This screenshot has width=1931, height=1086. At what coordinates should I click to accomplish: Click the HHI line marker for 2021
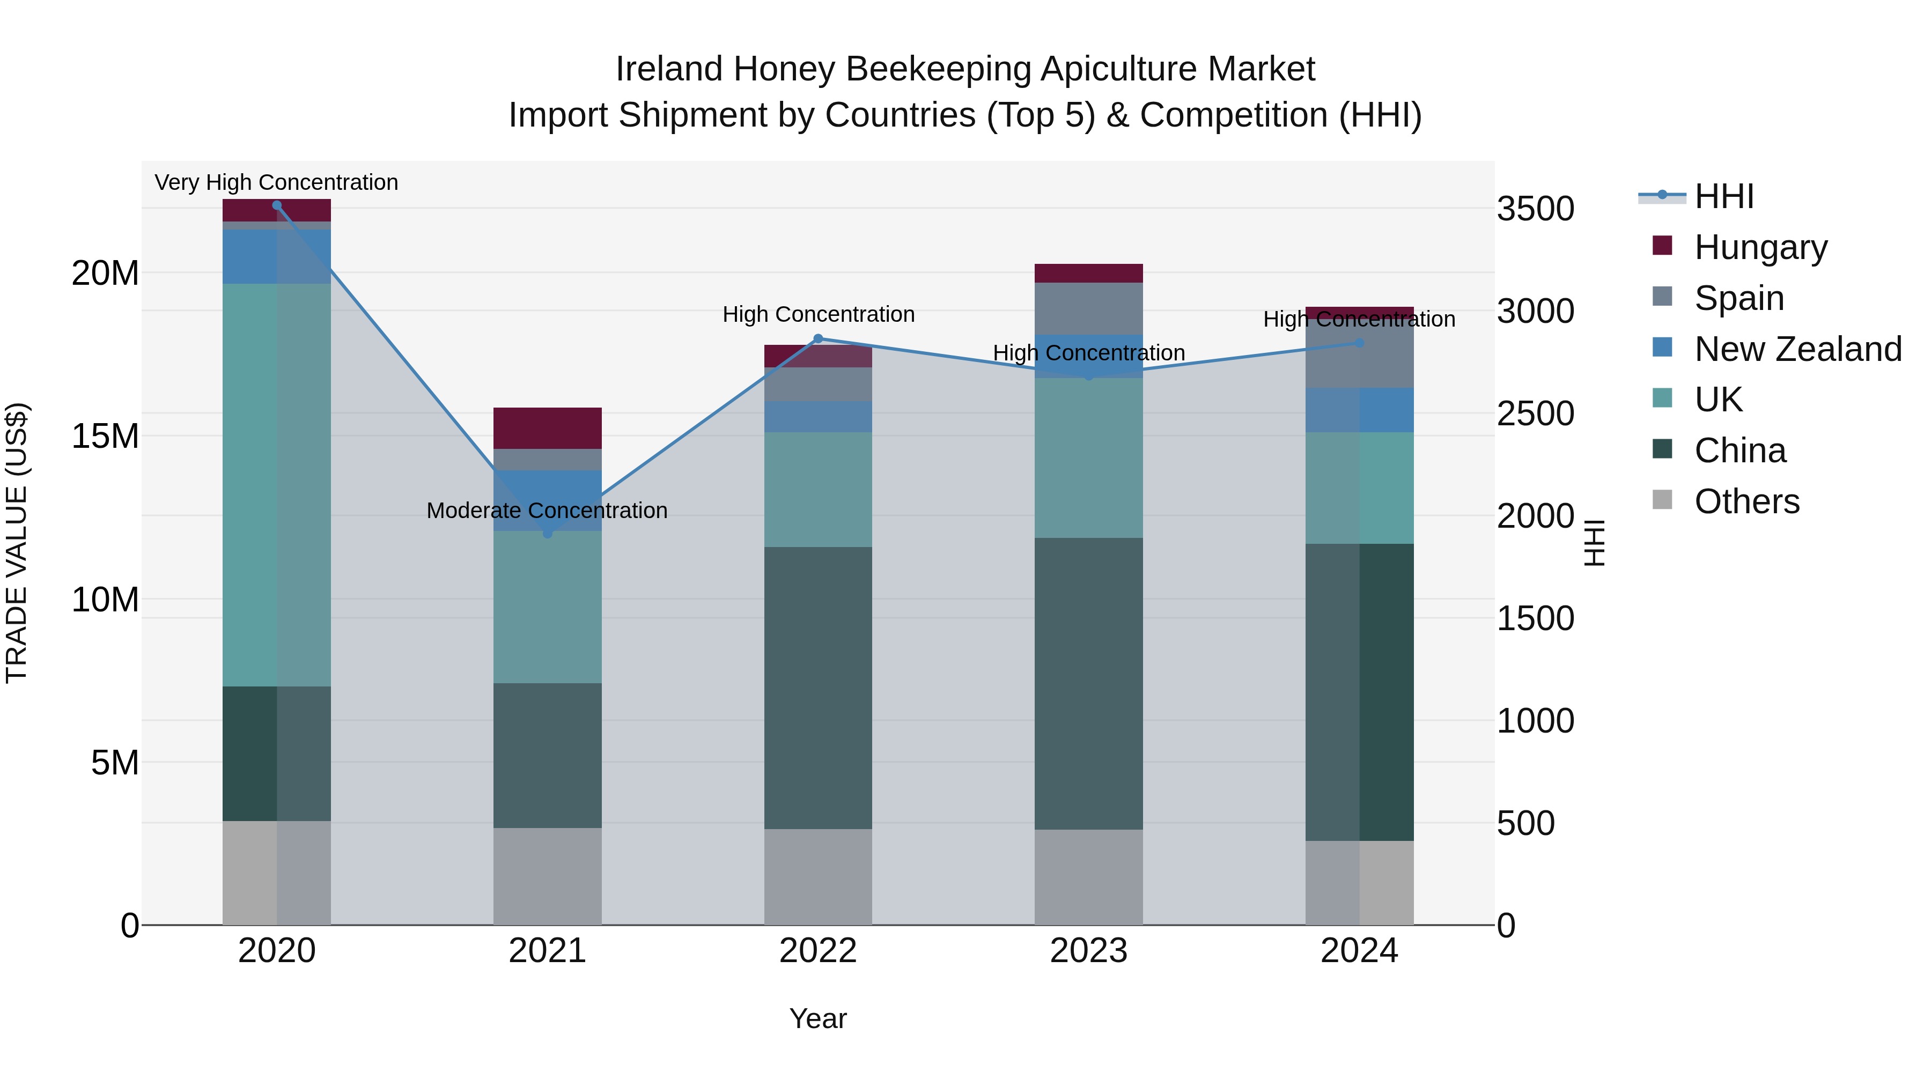547,533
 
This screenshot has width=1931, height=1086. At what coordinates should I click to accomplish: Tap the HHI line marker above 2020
277,205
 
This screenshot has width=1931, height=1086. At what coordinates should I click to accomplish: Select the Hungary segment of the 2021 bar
547,428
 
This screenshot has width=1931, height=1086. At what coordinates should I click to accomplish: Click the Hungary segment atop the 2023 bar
1088,273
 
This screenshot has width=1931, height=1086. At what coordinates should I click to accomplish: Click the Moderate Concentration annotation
547,511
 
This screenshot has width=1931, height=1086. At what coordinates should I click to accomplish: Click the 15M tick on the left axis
105,436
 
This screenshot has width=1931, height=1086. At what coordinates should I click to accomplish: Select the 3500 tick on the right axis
1535,209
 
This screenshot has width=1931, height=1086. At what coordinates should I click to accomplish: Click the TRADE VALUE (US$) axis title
17,543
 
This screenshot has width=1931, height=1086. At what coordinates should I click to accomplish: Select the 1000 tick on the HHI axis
1535,721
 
